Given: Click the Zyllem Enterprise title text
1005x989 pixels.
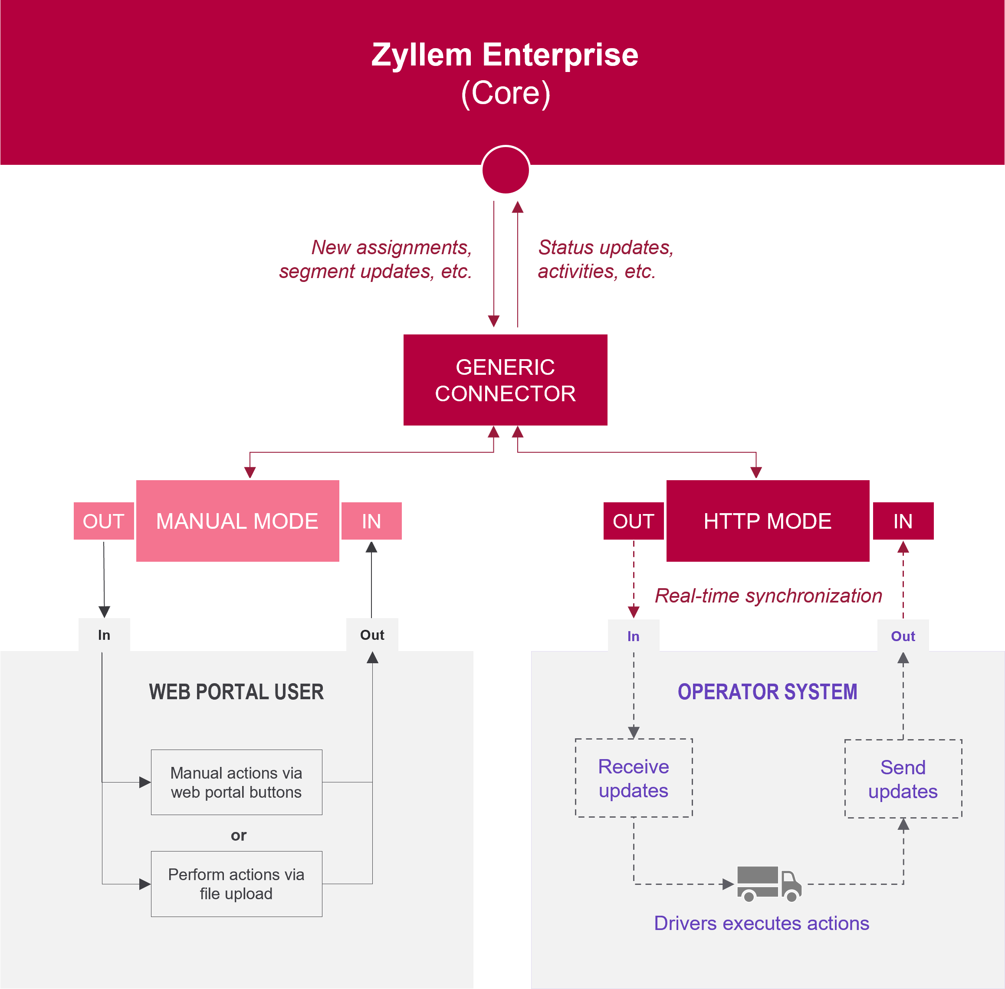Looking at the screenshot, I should click(505, 55).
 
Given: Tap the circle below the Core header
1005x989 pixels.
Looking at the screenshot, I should click(505, 170).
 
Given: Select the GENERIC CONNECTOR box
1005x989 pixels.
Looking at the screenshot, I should click(505, 380).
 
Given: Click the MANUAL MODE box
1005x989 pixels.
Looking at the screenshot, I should click(237, 521).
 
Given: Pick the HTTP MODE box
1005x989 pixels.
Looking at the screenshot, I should click(768, 521).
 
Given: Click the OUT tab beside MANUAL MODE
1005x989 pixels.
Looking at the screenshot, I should click(103, 521).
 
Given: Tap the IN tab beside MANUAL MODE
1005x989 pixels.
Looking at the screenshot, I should click(371, 521).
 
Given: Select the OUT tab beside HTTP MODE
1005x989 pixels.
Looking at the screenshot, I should click(633, 521).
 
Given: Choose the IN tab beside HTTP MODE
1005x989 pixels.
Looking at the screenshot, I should click(903, 521).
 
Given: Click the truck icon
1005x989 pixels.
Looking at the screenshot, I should click(769, 883).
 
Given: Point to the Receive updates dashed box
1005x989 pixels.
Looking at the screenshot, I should click(634, 778).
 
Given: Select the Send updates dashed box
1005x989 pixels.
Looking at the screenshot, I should click(903, 779).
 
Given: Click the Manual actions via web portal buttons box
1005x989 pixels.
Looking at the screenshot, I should click(236, 782).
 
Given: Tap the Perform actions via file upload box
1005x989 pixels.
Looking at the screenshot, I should click(236, 884).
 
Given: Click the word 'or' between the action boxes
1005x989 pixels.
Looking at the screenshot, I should click(239, 835).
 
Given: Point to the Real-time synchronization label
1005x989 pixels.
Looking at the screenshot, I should click(768, 595).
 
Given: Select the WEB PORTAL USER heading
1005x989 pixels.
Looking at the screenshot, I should click(236, 692).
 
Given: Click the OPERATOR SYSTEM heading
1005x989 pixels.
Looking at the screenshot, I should click(767, 692).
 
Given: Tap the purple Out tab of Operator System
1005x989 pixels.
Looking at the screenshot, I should click(903, 636).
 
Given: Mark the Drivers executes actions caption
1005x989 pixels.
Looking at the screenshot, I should click(761, 923).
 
